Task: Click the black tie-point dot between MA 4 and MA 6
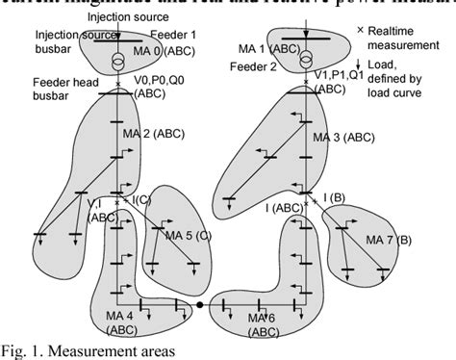point(199,304)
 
